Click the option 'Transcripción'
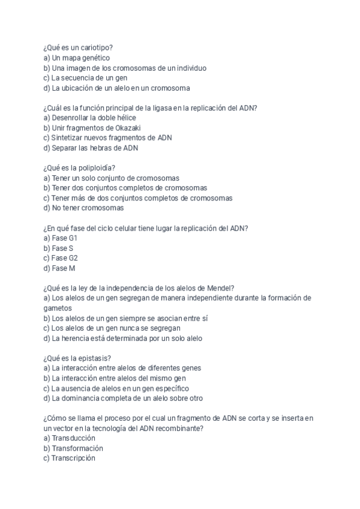pos(69,458)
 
